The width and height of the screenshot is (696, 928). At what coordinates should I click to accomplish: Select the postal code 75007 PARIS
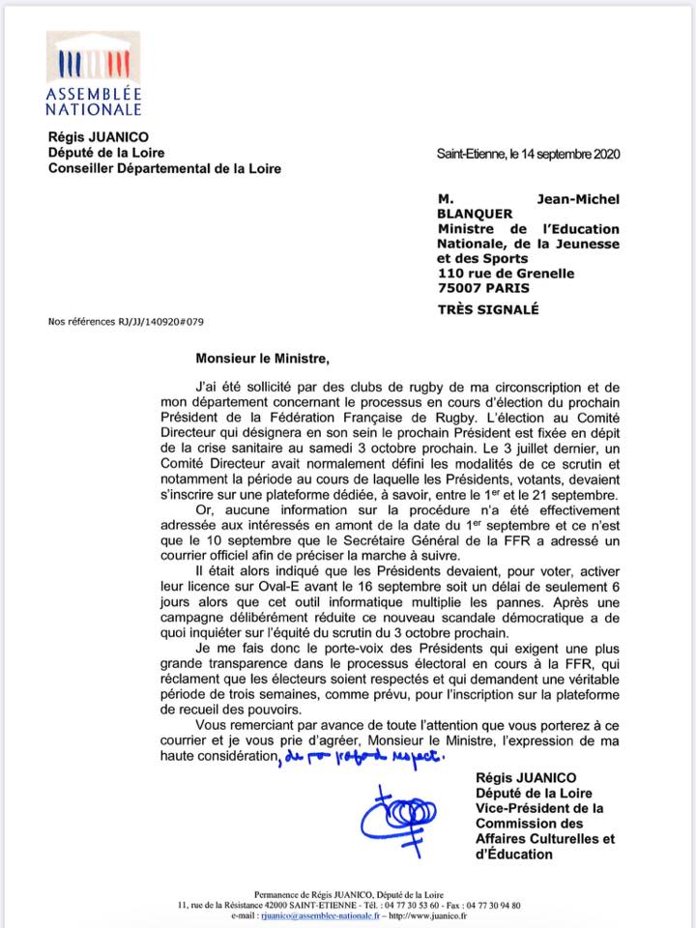coord(482,288)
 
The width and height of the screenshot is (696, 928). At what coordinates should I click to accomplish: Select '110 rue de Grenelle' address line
coord(506,274)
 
